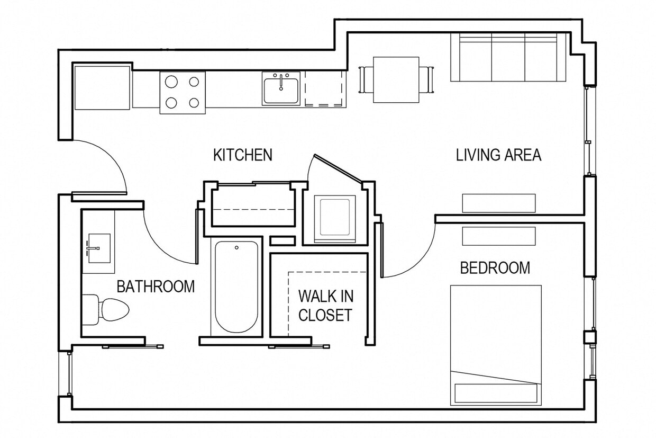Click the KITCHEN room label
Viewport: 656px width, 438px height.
pyautogui.click(x=242, y=155)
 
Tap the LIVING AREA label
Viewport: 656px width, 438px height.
pyautogui.click(x=498, y=155)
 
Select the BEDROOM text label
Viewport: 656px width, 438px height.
pyautogui.click(x=495, y=268)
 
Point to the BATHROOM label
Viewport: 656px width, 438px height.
pyautogui.click(x=156, y=287)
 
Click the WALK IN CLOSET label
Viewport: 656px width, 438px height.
pyautogui.click(x=325, y=306)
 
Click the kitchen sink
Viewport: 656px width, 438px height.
pyautogui.click(x=281, y=88)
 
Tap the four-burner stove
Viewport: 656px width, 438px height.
pyautogui.click(x=183, y=93)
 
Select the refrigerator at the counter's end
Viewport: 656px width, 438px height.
pyautogui.click(x=102, y=87)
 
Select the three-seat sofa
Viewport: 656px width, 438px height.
pyautogui.click(x=508, y=57)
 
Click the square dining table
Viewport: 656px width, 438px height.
pyautogui.click(x=396, y=79)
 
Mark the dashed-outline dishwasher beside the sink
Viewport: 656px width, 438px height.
pyautogui.click(x=324, y=89)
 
